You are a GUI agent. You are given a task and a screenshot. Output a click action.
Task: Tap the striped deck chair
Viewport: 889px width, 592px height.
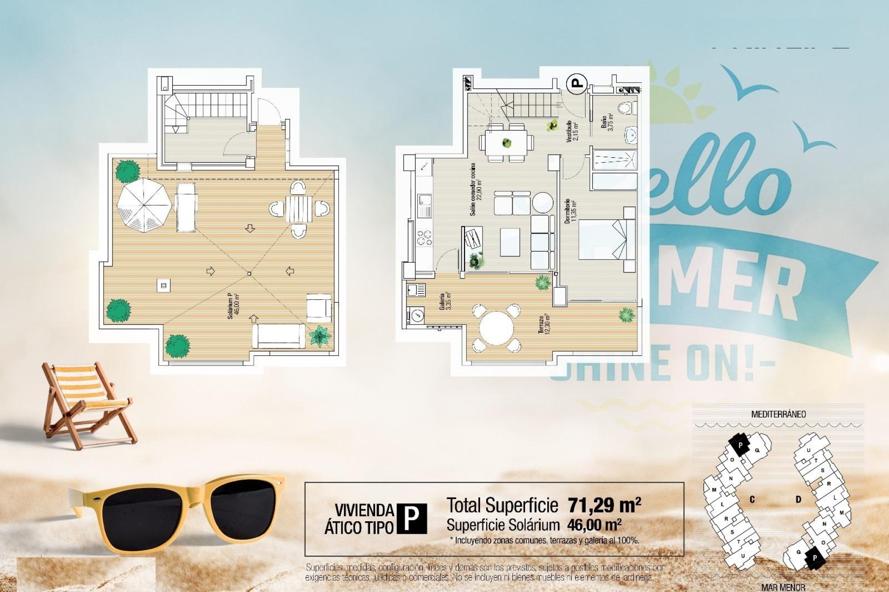(x=86, y=402)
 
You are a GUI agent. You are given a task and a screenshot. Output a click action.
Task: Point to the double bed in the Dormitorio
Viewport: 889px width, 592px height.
(x=602, y=239)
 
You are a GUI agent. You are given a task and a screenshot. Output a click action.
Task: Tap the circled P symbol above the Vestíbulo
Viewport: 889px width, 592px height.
(x=576, y=84)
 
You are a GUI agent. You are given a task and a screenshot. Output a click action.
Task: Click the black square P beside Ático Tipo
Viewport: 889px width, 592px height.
(x=412, y=518)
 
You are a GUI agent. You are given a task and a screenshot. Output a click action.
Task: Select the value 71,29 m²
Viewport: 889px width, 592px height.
(x=604, y=505)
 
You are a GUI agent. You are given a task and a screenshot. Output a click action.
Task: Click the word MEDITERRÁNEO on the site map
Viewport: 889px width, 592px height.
(x=778, y=414)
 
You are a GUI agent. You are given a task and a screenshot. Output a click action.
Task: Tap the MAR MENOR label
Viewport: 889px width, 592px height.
(x=783, y=587)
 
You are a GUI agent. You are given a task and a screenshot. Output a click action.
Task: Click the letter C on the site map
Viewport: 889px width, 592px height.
(x=752, y=499)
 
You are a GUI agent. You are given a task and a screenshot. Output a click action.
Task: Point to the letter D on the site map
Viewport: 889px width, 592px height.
(x=798, y=499)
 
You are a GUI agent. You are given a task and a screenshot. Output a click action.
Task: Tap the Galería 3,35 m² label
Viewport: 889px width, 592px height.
(x=445, y=301)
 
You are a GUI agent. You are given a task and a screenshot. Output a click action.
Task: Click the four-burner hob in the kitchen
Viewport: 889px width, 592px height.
(x=425, y=237)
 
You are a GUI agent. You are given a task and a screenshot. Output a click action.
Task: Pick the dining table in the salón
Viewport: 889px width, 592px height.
(x=506, y=143)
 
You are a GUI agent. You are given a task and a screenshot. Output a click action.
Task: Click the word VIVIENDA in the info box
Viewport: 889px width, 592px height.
(x=364, y=510)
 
